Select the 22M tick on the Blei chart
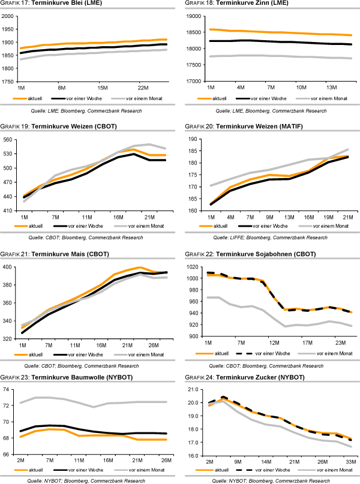click(x=142, y=87)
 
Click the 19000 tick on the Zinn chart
click(x=195, y=16)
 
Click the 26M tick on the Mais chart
click(x=152, y=345)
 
